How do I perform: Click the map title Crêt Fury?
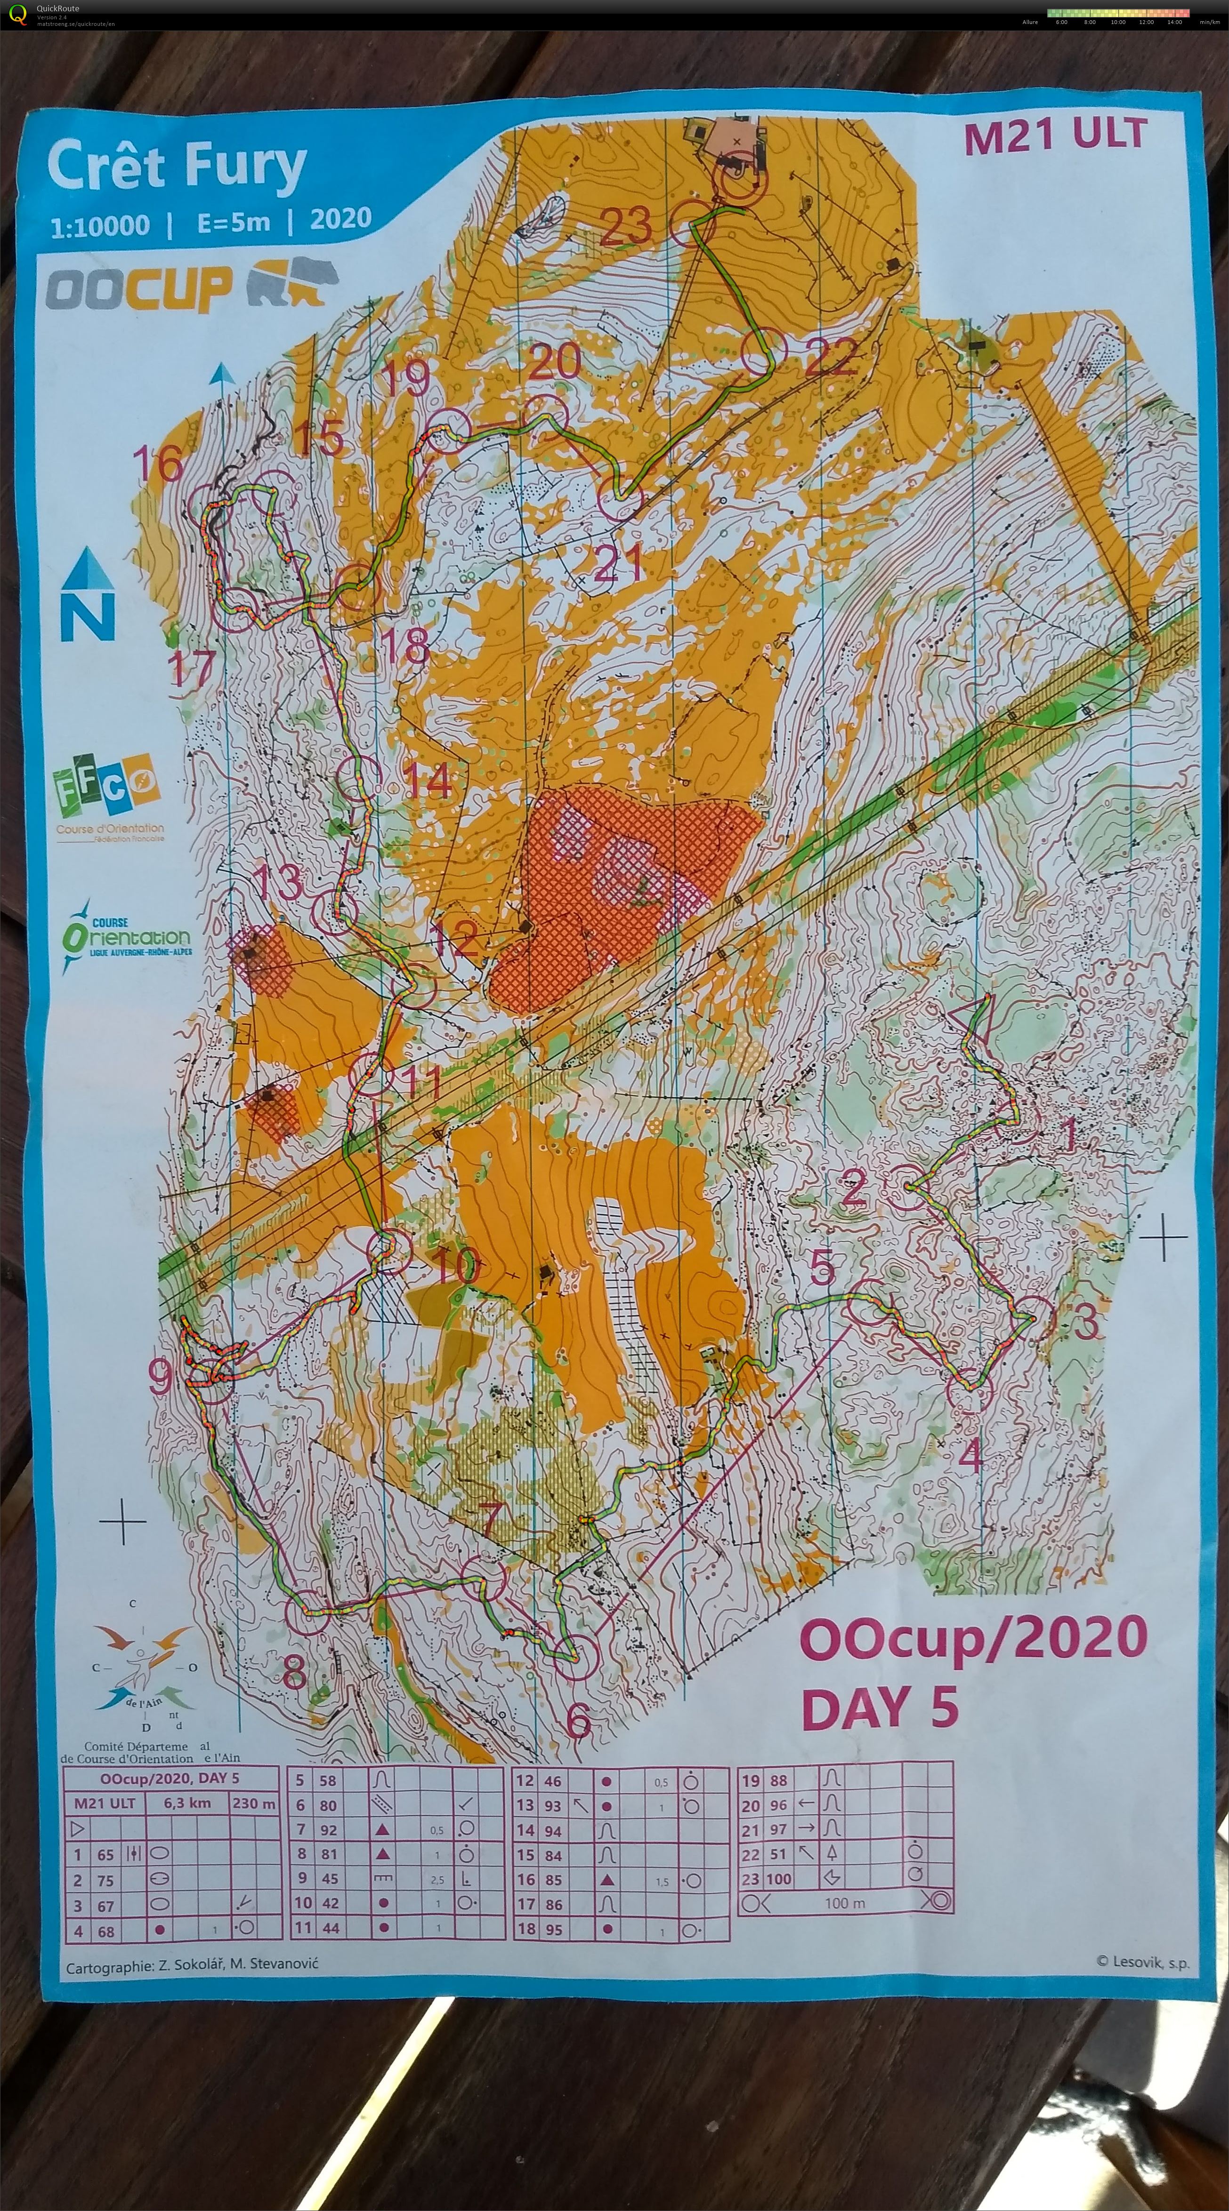[176, 167]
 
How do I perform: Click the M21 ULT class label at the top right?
[1055, 136]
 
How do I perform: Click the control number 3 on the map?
[1086, 1321]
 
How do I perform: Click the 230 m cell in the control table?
[253, 1804]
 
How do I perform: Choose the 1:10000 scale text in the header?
[100, 227]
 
